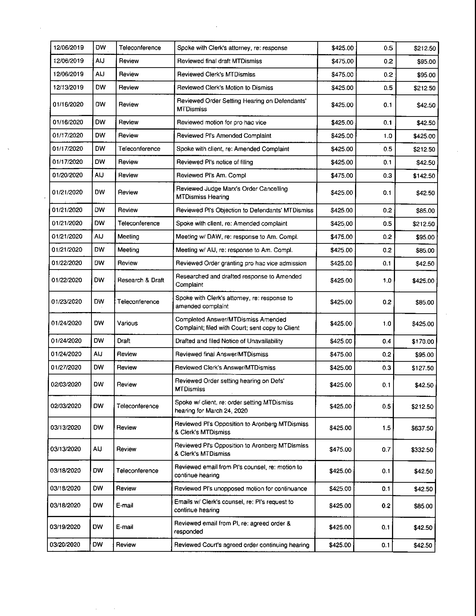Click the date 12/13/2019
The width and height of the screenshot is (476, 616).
(x=68, y=87)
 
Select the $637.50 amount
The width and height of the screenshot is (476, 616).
(x=422, y=428)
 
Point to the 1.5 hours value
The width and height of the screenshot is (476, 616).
(x=386, y=428)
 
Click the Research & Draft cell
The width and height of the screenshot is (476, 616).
(x=141, y=280)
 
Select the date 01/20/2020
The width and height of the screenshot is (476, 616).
(x=67, y=175)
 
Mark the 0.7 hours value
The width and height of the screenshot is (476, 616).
(x=386, y=449)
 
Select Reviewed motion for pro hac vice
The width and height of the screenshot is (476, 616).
(x=221, y=122)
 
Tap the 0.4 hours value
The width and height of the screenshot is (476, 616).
(x=387, y=341)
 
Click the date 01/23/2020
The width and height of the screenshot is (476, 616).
(x=66, y=302)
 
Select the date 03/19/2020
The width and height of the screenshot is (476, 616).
(x=65, y=527)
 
